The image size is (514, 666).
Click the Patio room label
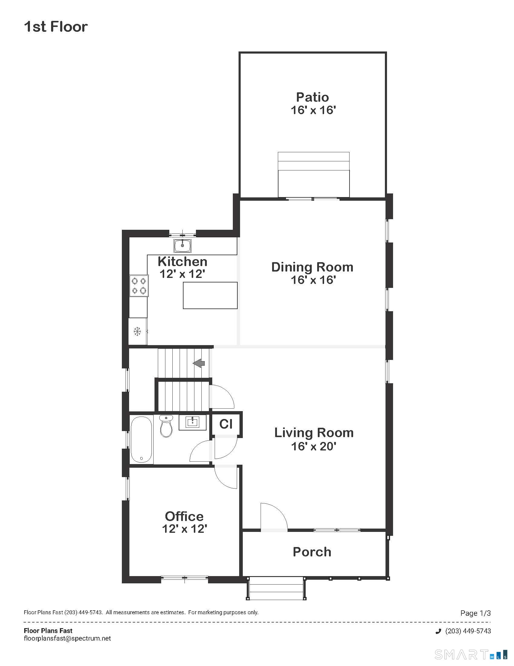(x=312, y=97)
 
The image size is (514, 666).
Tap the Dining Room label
(x=312, y=267)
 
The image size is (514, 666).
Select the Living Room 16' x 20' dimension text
(x=313, y=447)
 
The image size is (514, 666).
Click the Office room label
(x=184, y=516)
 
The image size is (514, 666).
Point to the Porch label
(x=312, y=552)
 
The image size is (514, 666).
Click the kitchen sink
(x=182, y=246)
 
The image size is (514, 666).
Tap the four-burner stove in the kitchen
(x=139, y=285)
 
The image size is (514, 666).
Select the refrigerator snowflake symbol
(x=137, y=331)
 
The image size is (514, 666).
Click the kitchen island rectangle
(x=210, y=295)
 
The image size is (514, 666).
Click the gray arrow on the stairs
(x=199, y=363)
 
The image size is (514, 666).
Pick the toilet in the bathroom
(x=166, y=426)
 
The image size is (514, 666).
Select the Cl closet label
(x=226, y=424)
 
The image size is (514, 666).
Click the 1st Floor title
(x=56, y=27)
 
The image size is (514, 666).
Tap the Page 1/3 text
(x=475, y=613)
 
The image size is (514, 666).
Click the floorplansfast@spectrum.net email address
(x=67, y=638)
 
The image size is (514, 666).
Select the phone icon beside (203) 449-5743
(x=438, y=631)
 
